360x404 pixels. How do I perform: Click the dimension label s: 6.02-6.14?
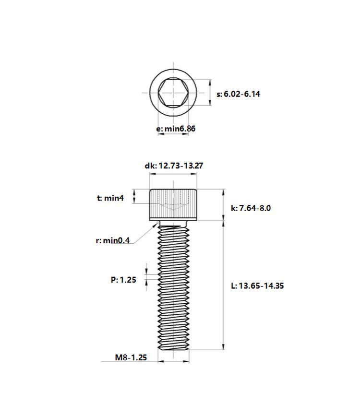238,94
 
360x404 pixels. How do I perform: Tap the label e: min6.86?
176,128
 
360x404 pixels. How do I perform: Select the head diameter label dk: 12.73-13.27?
174,166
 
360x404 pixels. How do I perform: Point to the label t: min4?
110,198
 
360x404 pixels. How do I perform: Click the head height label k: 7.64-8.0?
251,208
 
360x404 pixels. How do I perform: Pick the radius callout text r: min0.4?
113,240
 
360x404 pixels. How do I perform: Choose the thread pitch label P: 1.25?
123,280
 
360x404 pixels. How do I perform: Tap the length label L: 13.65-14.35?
257,286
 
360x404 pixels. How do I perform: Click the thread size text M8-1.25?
131,357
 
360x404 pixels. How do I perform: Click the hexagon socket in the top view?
173,93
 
